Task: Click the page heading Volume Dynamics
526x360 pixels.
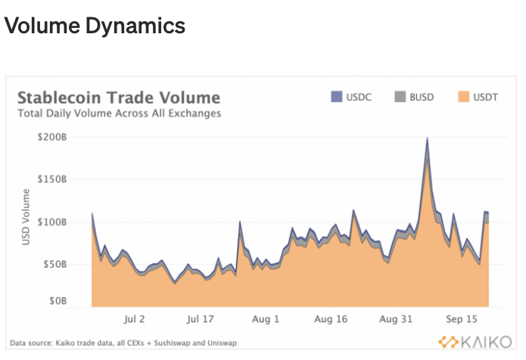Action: click(x=95, y=26)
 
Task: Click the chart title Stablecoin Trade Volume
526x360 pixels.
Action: click(x=118, y=98)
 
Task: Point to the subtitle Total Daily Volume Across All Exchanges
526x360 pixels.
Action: click(x=119, y=113)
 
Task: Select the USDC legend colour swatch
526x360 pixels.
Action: click(x=337, y=97)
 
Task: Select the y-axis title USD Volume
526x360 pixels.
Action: click(x=28, y=219)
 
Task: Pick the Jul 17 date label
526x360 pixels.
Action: click(x=200, y=320)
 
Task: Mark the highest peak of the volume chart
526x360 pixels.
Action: click(x=428, y=139)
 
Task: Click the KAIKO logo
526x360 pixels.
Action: click(x=469, y=341)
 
